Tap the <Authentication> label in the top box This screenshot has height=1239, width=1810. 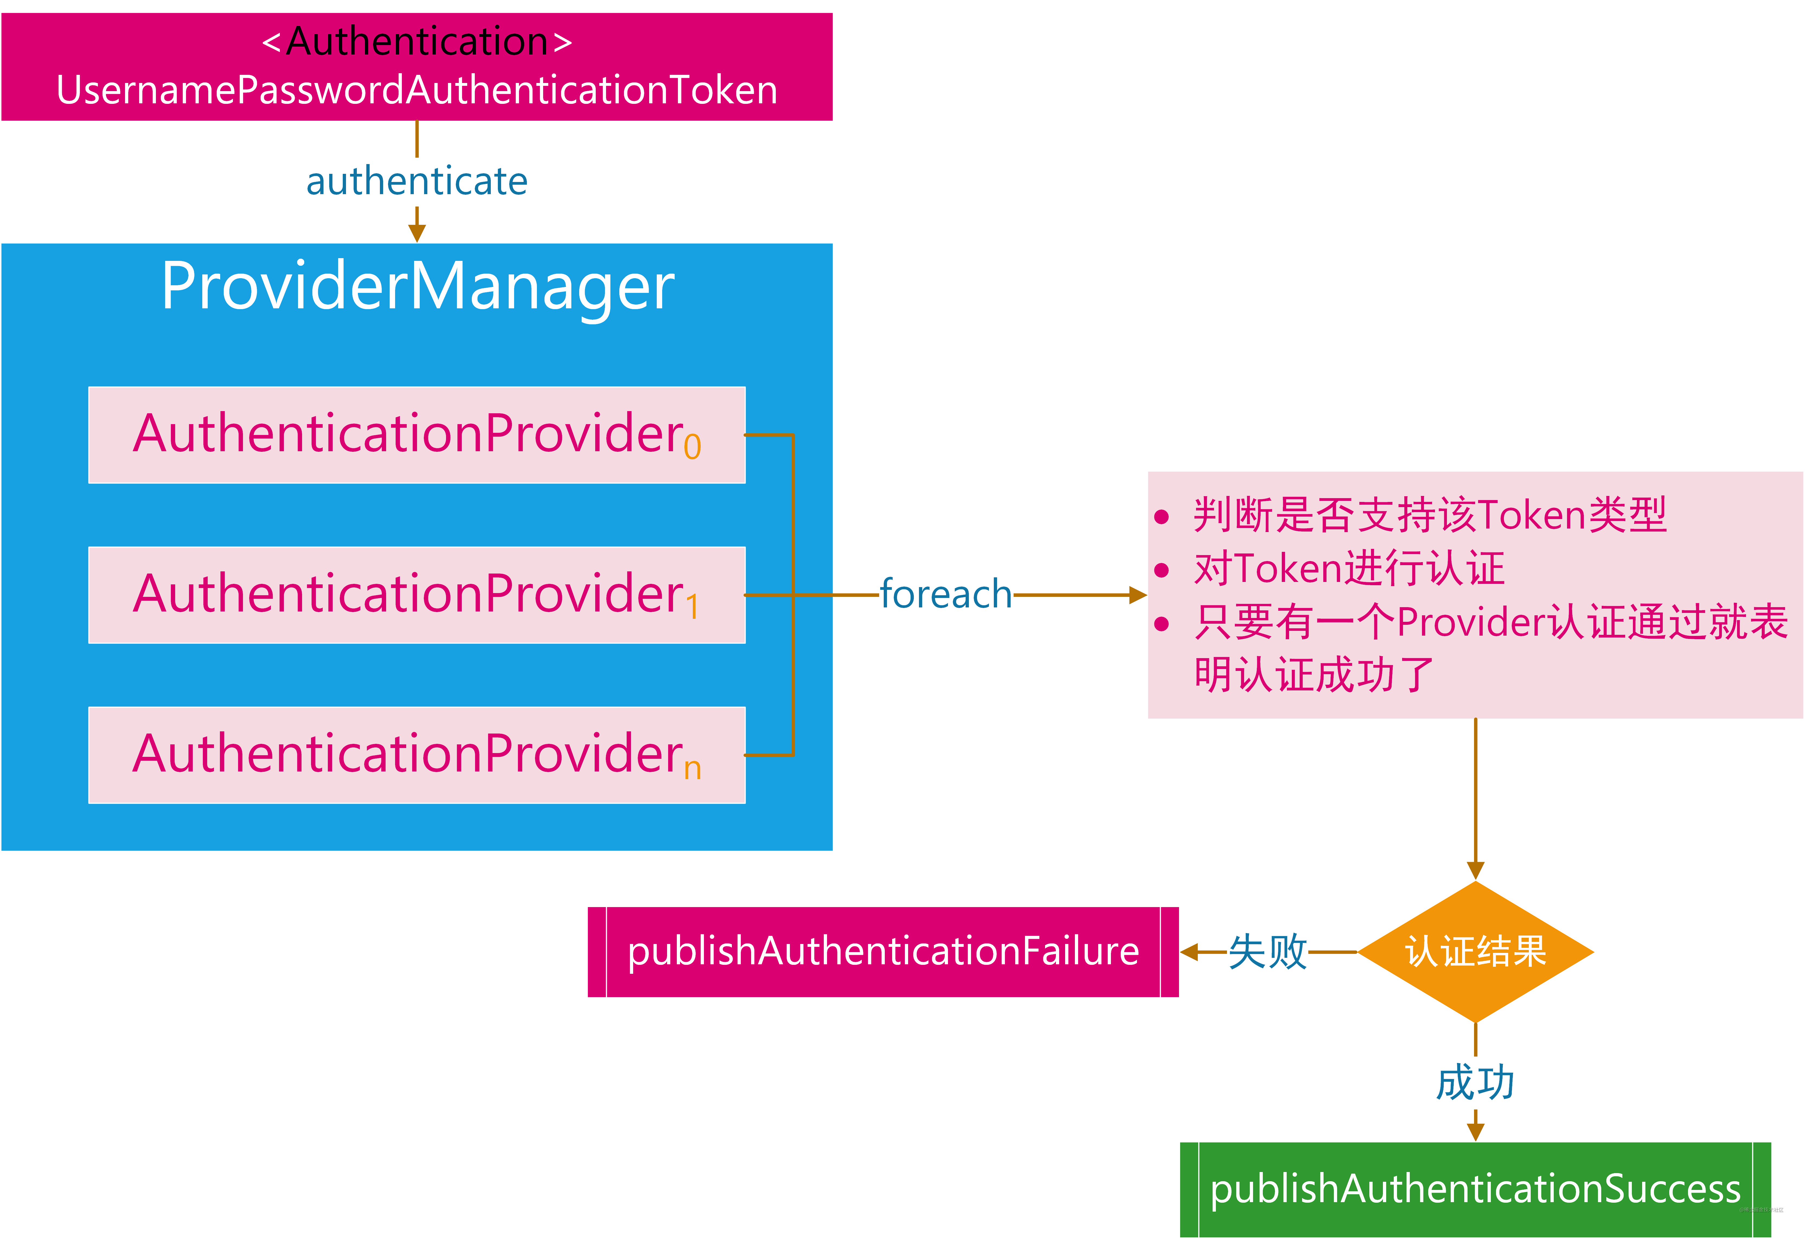point(417,41)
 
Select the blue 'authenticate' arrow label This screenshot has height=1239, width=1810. point(417,181)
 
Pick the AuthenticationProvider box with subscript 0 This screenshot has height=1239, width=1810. point(417,434)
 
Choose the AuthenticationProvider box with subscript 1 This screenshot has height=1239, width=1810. point(417,595)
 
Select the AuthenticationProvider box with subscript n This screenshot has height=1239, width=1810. point(417,755)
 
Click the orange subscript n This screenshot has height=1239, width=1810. point(692,769)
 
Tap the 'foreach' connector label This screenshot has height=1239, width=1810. point(946,595)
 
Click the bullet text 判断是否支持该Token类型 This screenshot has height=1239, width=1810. point(1429,515)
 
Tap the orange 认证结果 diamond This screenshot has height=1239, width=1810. point(1475,952)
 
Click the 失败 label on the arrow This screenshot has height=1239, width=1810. point(1267,952)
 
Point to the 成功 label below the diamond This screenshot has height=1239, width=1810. point(1475,1083)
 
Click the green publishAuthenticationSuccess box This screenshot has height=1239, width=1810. point(1475,1189)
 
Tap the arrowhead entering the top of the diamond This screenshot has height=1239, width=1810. point(1475,871)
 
